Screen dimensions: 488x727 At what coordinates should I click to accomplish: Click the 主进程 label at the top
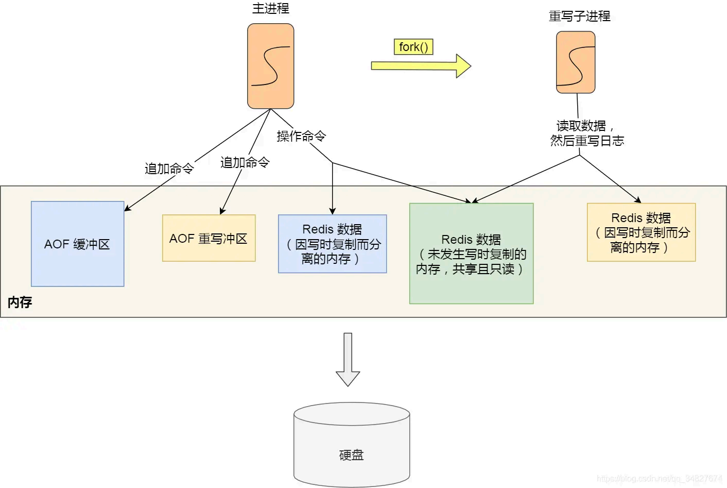[270, 9]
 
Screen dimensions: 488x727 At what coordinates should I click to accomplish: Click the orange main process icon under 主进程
[270, 66]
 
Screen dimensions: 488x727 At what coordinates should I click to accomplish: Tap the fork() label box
[413, 47]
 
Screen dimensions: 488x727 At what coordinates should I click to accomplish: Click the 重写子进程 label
[579, 16]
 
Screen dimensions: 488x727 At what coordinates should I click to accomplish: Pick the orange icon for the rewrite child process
[576, 62]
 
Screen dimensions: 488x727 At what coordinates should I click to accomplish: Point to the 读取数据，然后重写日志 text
[586, 133]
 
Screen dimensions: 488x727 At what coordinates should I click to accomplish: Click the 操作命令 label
[301, 136]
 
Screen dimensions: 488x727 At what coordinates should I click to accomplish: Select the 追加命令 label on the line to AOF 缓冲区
[169, 169]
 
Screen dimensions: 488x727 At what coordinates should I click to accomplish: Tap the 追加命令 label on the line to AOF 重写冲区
[245, 162]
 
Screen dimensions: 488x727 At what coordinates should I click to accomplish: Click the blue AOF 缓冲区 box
[77, 244]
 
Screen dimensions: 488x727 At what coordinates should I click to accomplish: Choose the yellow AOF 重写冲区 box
[209, 238]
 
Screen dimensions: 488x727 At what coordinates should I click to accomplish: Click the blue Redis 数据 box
[332, 244]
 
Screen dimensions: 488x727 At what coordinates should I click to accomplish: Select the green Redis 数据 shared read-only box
[471, 254]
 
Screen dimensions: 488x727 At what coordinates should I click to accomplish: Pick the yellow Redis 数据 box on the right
[641, 232]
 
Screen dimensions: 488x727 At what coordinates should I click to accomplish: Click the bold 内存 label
[20, 302]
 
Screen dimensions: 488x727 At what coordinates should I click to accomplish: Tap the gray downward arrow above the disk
[348, 360]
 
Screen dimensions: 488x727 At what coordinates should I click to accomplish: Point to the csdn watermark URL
[659, 479]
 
